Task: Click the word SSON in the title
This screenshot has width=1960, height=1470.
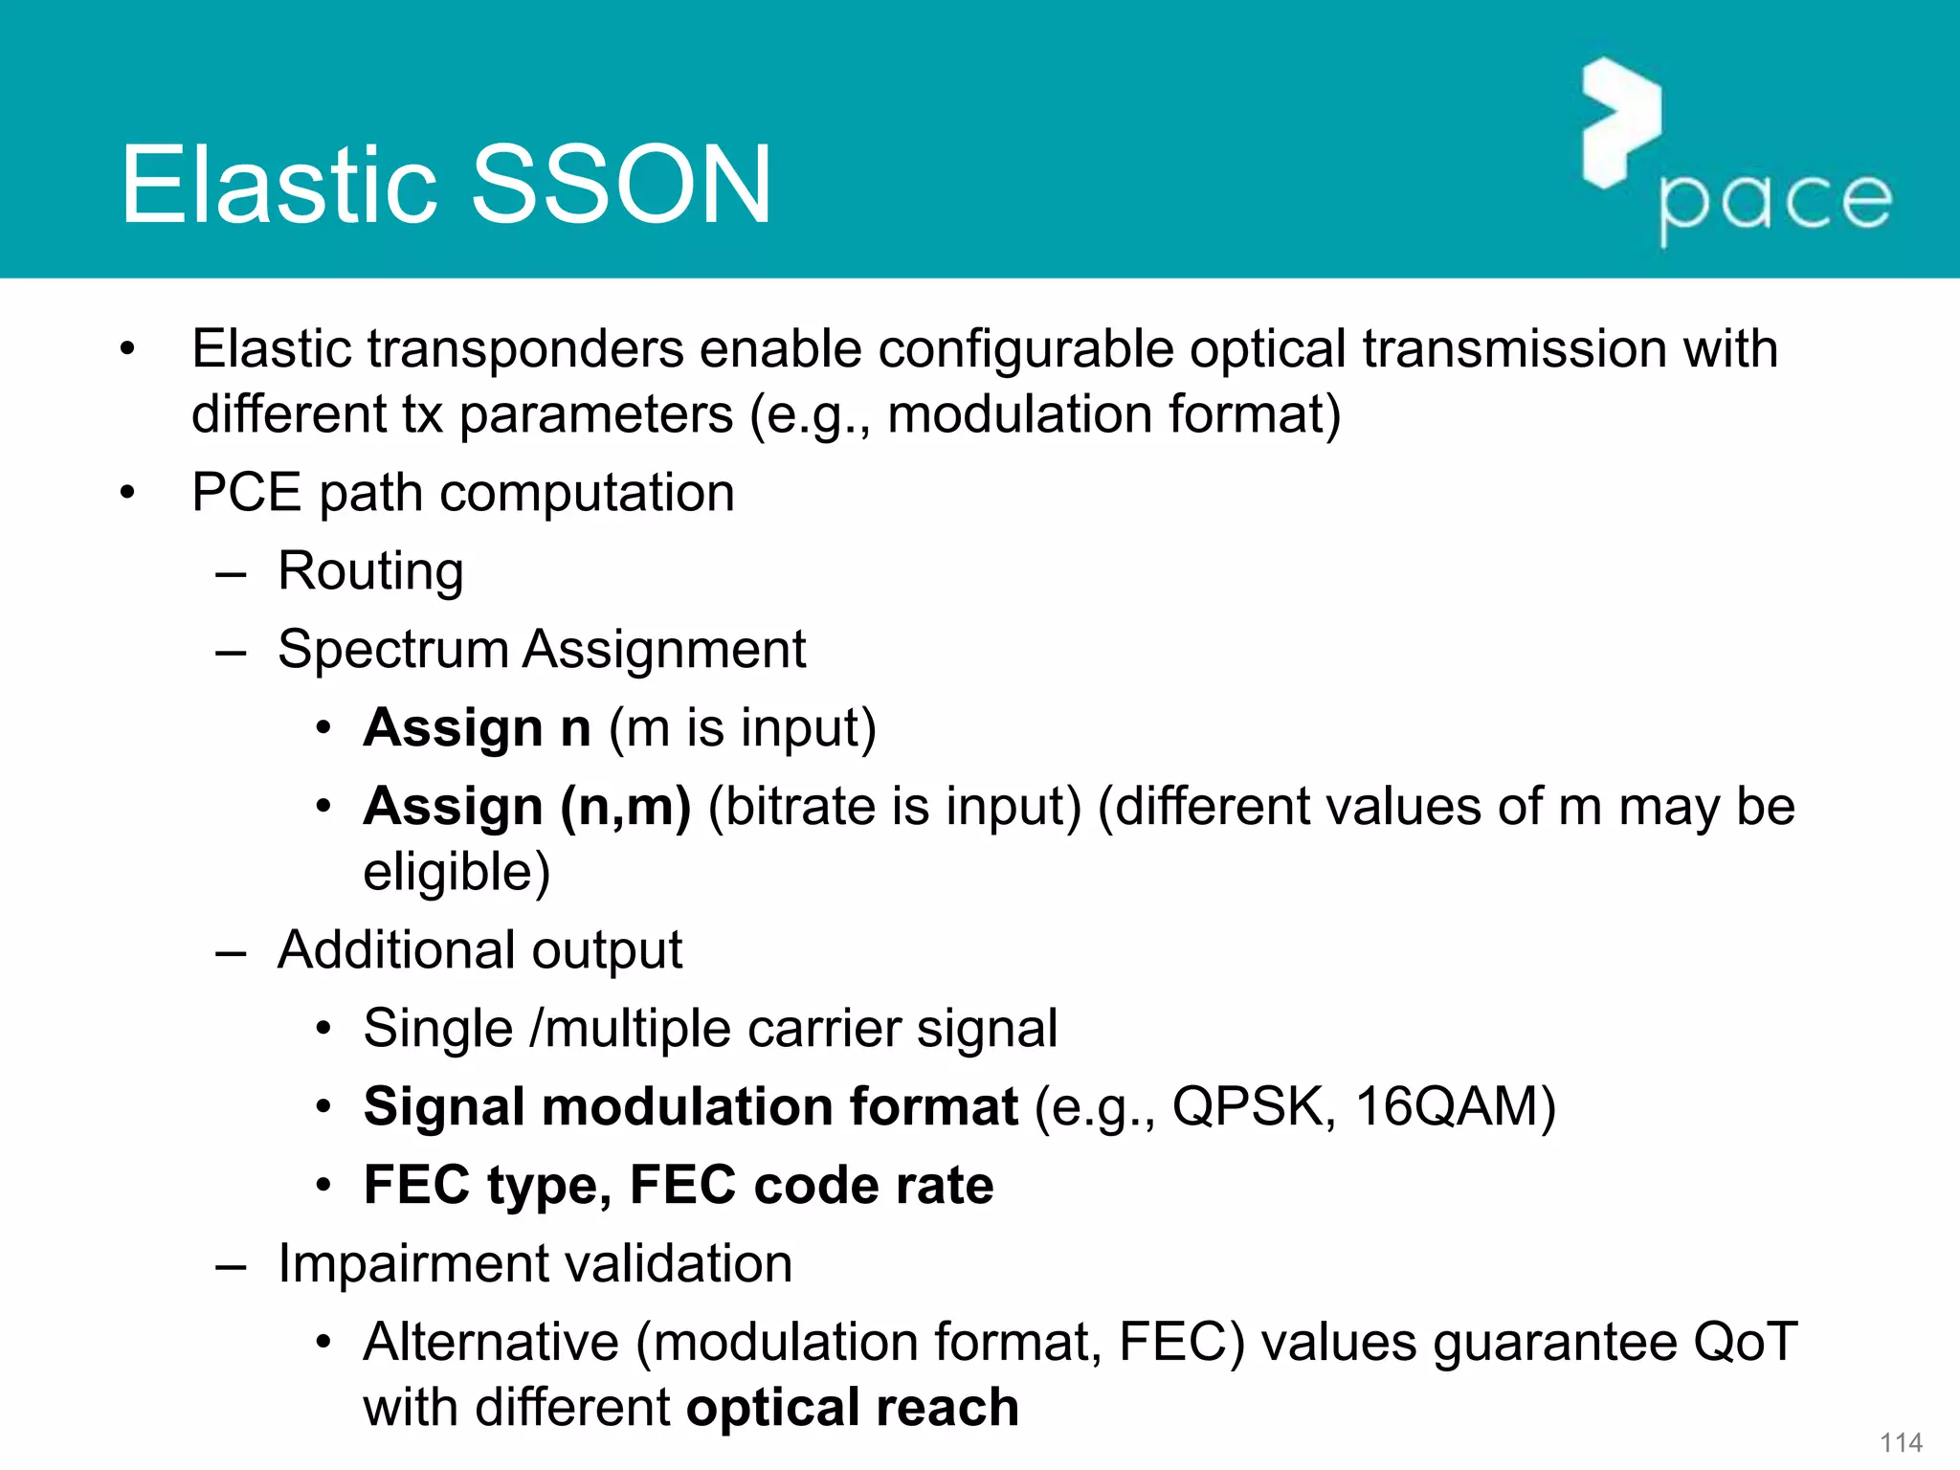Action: coord(621,184)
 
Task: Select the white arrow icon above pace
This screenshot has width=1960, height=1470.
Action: coord(1620,122)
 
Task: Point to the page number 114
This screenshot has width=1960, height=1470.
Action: coord(1901,1442)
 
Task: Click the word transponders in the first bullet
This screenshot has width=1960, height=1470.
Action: coord(525,348)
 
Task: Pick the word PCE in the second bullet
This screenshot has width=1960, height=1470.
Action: coord(246,493)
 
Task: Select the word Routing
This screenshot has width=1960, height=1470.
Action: coord(370,571)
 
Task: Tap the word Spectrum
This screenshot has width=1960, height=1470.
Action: coord(391,650)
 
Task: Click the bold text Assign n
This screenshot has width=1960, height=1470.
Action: coord(477,728)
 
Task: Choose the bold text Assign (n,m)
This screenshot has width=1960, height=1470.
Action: coord(526,807)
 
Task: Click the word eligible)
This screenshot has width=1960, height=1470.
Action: coord(457,872)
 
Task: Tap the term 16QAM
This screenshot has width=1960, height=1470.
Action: coord(1455,1107)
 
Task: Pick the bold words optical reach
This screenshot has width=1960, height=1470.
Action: coord(852,1408)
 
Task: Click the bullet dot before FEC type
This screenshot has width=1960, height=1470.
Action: coord(324,1186)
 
